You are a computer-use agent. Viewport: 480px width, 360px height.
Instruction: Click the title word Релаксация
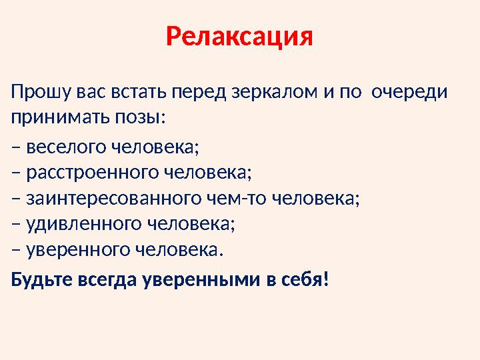point(239,37)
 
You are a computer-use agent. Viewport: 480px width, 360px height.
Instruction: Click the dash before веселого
point(15,147)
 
